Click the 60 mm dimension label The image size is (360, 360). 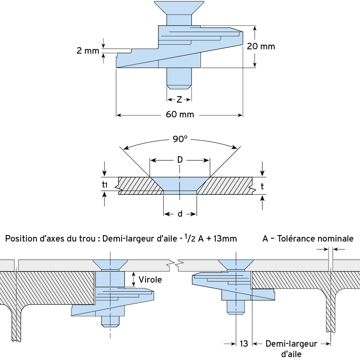(180, 114)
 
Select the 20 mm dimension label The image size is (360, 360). (261, 46)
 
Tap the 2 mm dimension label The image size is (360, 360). (88, 51)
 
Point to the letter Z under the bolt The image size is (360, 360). (179, 100)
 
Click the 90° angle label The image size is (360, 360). (180, 139)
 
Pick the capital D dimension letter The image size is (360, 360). (180, 160)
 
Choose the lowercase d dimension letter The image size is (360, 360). (180, 214)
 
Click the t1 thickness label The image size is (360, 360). (105, 184)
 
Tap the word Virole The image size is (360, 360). (150, 279)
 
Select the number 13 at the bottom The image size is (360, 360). (244, 344)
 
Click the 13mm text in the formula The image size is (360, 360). (225, 239)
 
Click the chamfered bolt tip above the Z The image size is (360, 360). (179, 87)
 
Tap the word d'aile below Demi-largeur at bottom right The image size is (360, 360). (291, 354)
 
